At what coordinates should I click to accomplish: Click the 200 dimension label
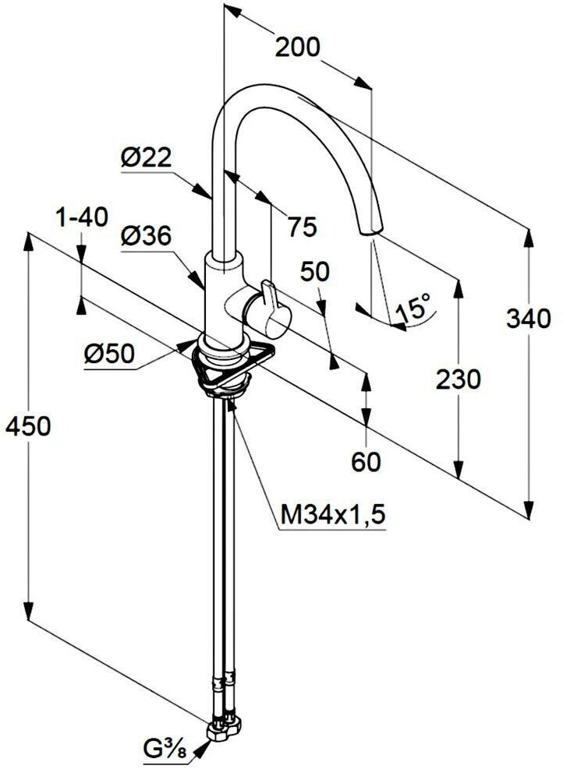pyautogui.click(x=297, y=48)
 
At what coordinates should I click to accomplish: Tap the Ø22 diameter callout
pyautogui.click(x=146, y=158)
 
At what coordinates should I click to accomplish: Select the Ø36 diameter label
pyautogui.click(x=146, y=237)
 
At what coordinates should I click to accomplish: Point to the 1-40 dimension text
pyautogui.click(x=82, y=217)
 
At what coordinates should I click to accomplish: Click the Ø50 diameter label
pyautogui.click(x=109, y=353)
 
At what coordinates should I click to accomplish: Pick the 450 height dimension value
pyautogui.click(x=28, y=425)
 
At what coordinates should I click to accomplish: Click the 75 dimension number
pyautogui.click(x=303, y=227)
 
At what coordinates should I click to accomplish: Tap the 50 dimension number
pyautogui.click(x=314, y=271)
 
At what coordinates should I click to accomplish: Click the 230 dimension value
pyautogui.click(x=459, y=379)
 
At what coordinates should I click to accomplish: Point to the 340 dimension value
pyautogui.click(x=529, y=319)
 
